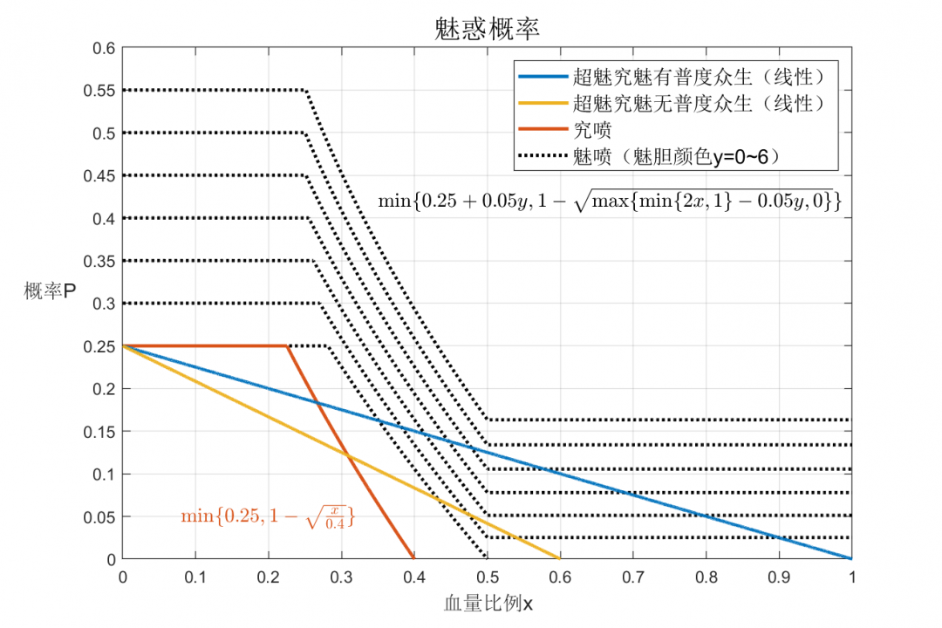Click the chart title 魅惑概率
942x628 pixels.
click(x=487, y=28)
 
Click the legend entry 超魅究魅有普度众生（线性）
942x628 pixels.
click(x=698, y=78)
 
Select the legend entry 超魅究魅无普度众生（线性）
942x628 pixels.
click(x=698, y=104)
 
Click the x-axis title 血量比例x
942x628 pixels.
click(x=487, y=603)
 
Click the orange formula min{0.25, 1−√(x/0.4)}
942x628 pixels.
click(x=272, y=516)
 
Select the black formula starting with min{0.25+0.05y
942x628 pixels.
click(x=610, y=201)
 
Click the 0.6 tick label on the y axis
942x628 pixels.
click(x=103, y=48)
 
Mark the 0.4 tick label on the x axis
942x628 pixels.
click(x=414, y=577)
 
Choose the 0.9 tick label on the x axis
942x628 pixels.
click(x=779, y=577)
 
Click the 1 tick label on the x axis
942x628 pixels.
click(x=852, y=577)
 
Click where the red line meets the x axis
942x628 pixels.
click(x=413, y=558)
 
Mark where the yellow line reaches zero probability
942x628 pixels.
click(x=559, y=558)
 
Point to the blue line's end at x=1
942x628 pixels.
click(x=851, y=558)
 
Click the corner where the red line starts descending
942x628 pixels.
click(x=288, y=346)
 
